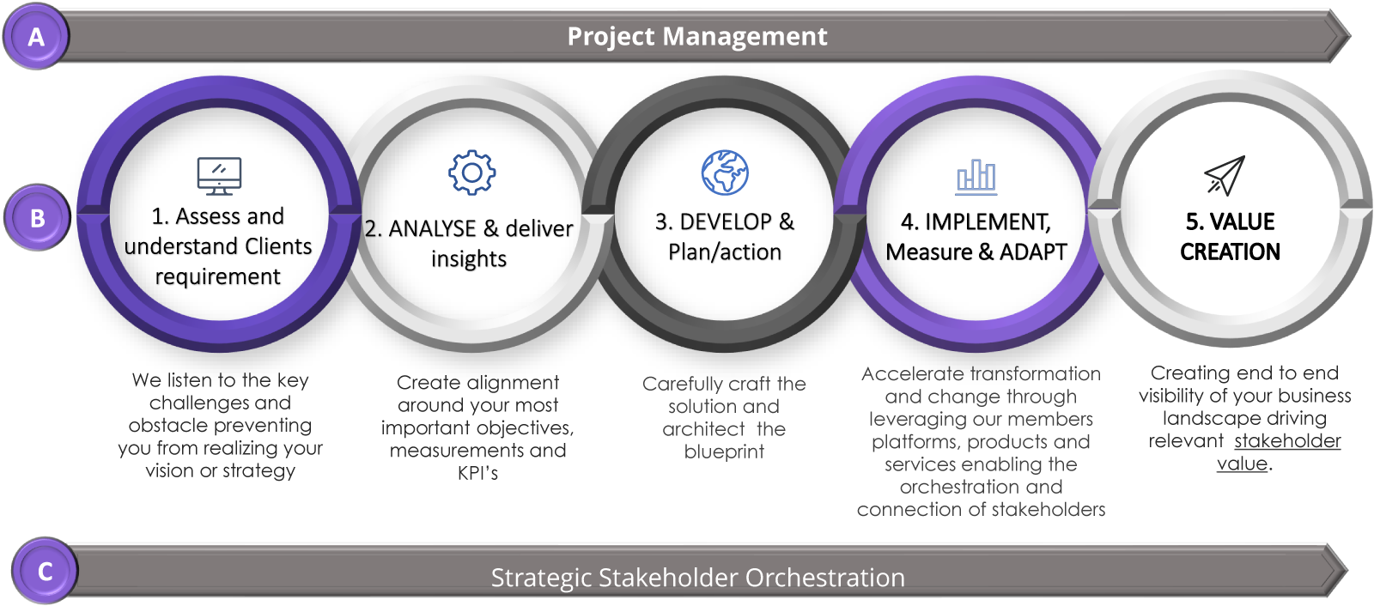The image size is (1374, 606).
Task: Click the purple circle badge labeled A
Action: click(x=35, y=37)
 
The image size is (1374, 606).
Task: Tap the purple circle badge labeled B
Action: click(x=37, y=218)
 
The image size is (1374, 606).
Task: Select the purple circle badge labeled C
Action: click(x=45, y=571)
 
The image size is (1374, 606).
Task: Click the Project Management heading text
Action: click(x=697, y=37)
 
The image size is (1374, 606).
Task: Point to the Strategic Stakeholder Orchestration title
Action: click(x=697, y=578)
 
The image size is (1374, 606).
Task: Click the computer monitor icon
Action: click(x=219, y=176)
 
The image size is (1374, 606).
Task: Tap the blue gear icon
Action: click(x=472, y=173)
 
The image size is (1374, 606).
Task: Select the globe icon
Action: click(x=725, y=173)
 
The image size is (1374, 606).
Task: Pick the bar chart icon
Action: click(x=976, y=178)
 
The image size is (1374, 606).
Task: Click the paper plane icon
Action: click(x=1225, y=175)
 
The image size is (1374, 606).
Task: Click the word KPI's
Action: click(x=477, y=473)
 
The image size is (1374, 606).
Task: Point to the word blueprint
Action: click(x=724, y=451)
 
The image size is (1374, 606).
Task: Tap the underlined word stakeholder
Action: click(x=1287, y=441)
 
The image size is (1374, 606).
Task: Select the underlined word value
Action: click(x=1242, y=464)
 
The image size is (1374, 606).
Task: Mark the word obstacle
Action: click(x=163, y=426)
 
